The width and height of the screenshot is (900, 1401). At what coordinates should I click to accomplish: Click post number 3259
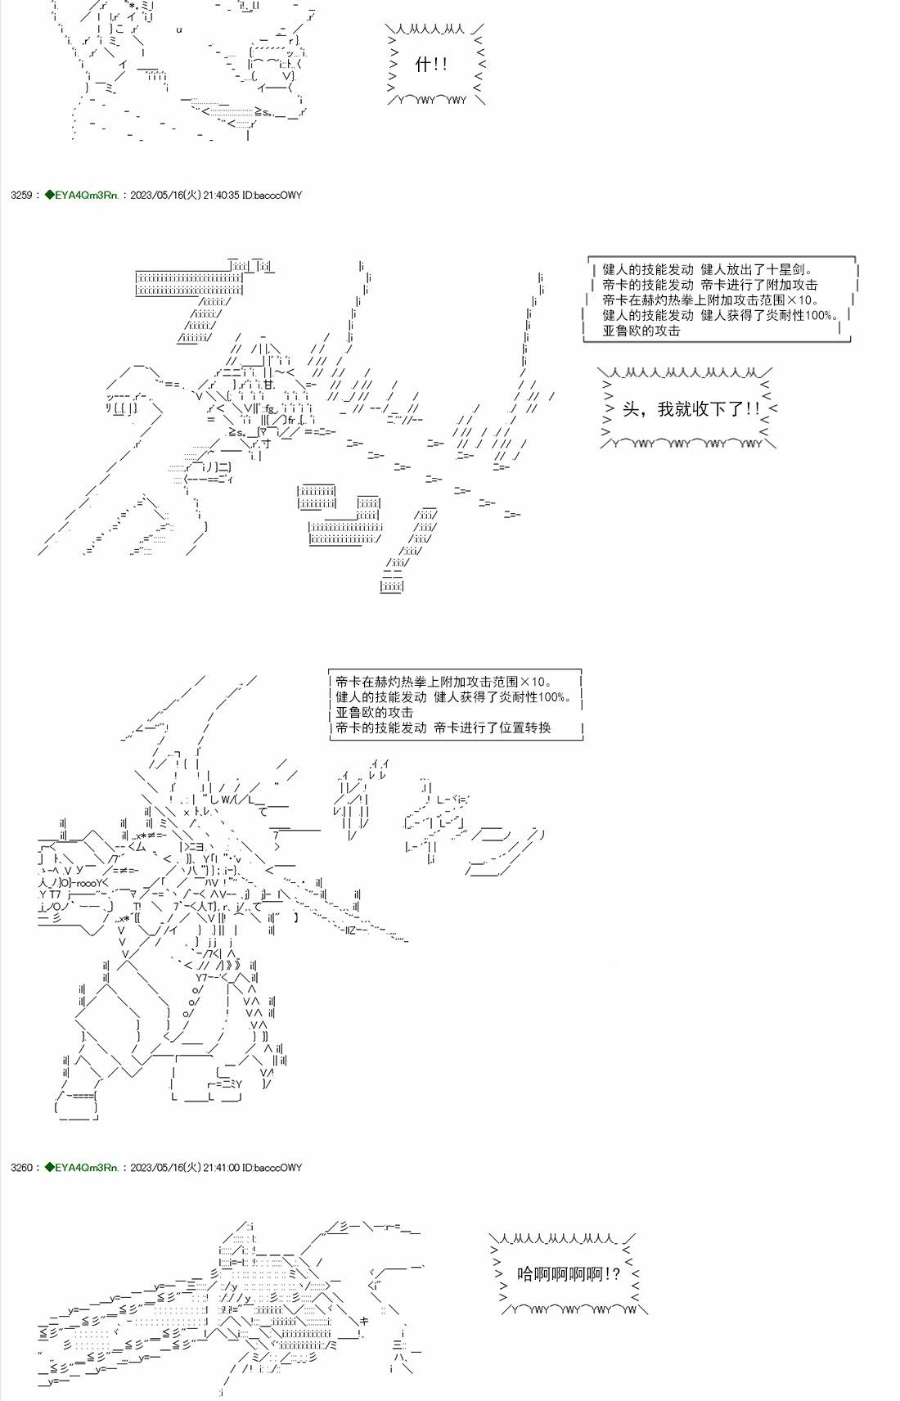coord(20,196)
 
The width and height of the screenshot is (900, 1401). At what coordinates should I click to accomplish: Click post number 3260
coord(20,1168)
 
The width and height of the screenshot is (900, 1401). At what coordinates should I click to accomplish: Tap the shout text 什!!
coord(431,65)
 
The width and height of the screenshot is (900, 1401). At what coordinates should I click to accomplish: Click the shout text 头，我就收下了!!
coord(691,408)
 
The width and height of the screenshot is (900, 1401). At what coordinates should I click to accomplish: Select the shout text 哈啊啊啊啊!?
coord(569,1273)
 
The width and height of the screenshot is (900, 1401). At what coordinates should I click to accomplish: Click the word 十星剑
coord(789,269)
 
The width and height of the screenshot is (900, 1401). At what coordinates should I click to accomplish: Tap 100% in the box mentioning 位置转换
coord(553,696)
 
